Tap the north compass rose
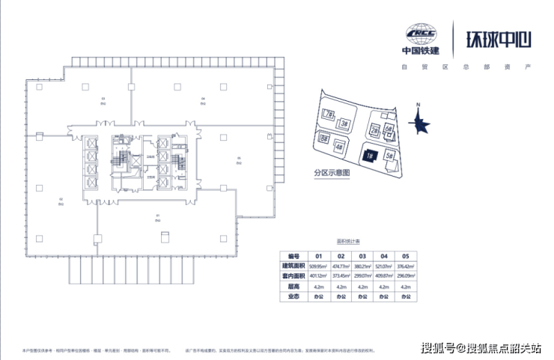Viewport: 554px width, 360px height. pos(419,122)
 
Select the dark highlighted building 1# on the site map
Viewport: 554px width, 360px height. pos(370,156)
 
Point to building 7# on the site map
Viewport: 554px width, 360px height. pos(329,114)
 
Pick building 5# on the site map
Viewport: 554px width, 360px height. pos(389,156)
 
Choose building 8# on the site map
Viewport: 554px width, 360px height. pos(324,138)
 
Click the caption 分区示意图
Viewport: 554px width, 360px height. pos(332,173)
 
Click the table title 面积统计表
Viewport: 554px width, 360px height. pos(348,242)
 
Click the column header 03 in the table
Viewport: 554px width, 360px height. pos(362,254)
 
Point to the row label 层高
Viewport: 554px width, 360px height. pos(292,286)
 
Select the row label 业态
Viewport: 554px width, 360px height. pos(292,296)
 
